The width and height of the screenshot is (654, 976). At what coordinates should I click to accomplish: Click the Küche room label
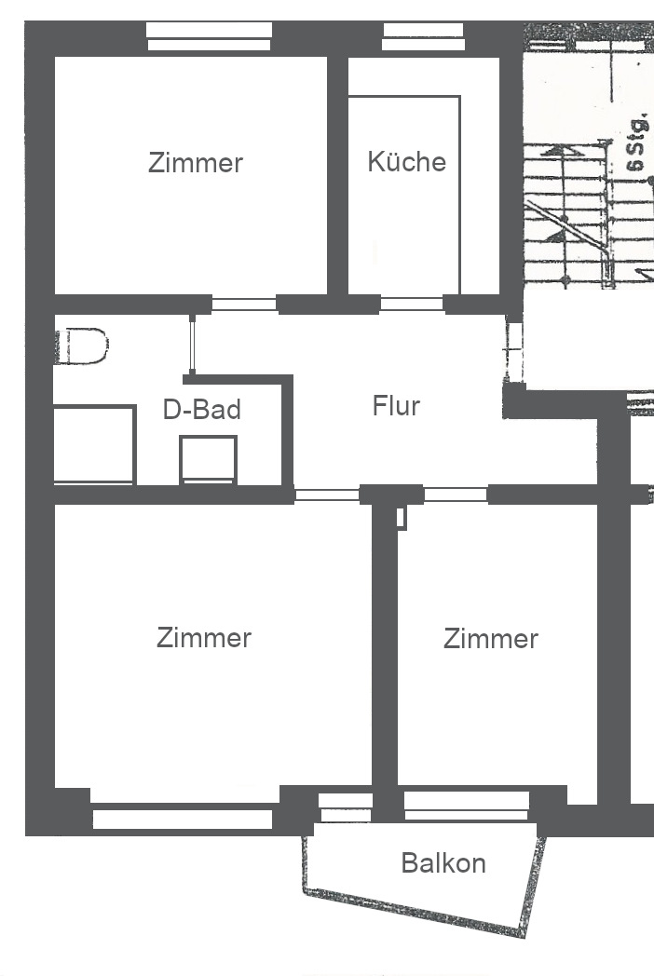407,161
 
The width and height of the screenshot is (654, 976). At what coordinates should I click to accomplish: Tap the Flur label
396,406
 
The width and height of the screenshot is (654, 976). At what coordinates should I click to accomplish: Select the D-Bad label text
202,410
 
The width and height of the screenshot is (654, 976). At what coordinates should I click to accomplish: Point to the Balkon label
443,862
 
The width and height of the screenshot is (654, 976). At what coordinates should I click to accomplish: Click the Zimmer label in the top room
196,162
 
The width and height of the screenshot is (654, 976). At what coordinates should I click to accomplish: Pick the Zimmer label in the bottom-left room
204,637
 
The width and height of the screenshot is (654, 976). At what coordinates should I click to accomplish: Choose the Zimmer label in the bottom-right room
491,639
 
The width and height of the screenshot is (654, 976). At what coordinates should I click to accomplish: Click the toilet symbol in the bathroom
82,346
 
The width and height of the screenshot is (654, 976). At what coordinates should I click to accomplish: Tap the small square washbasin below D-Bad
208,459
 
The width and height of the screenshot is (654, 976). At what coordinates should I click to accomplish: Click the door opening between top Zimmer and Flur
244,305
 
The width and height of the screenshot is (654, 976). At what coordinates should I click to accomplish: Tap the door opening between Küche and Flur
412,304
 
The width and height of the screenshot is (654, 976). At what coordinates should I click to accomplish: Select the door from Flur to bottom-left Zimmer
327,495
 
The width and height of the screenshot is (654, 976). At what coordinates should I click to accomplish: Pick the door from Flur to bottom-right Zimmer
456,495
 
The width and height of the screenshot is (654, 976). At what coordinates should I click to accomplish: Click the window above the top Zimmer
210,36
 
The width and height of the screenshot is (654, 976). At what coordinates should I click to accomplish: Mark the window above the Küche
424,36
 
